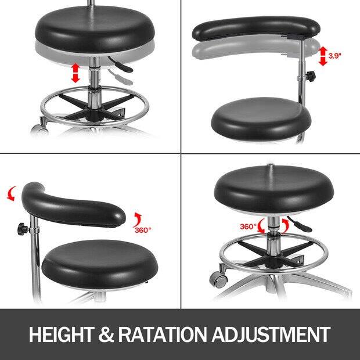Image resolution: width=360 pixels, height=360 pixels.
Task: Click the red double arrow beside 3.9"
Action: point(323,56)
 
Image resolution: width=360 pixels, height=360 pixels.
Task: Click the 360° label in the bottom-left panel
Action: point(143,230)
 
